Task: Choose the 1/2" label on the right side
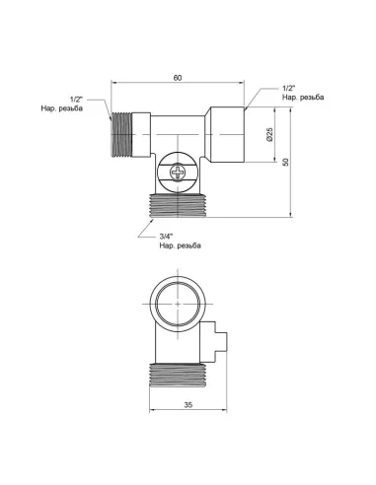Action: click(x=287, y=90)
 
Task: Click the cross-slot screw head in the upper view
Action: click(x=178, y=174)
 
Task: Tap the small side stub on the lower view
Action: click(x=220, y=342)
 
